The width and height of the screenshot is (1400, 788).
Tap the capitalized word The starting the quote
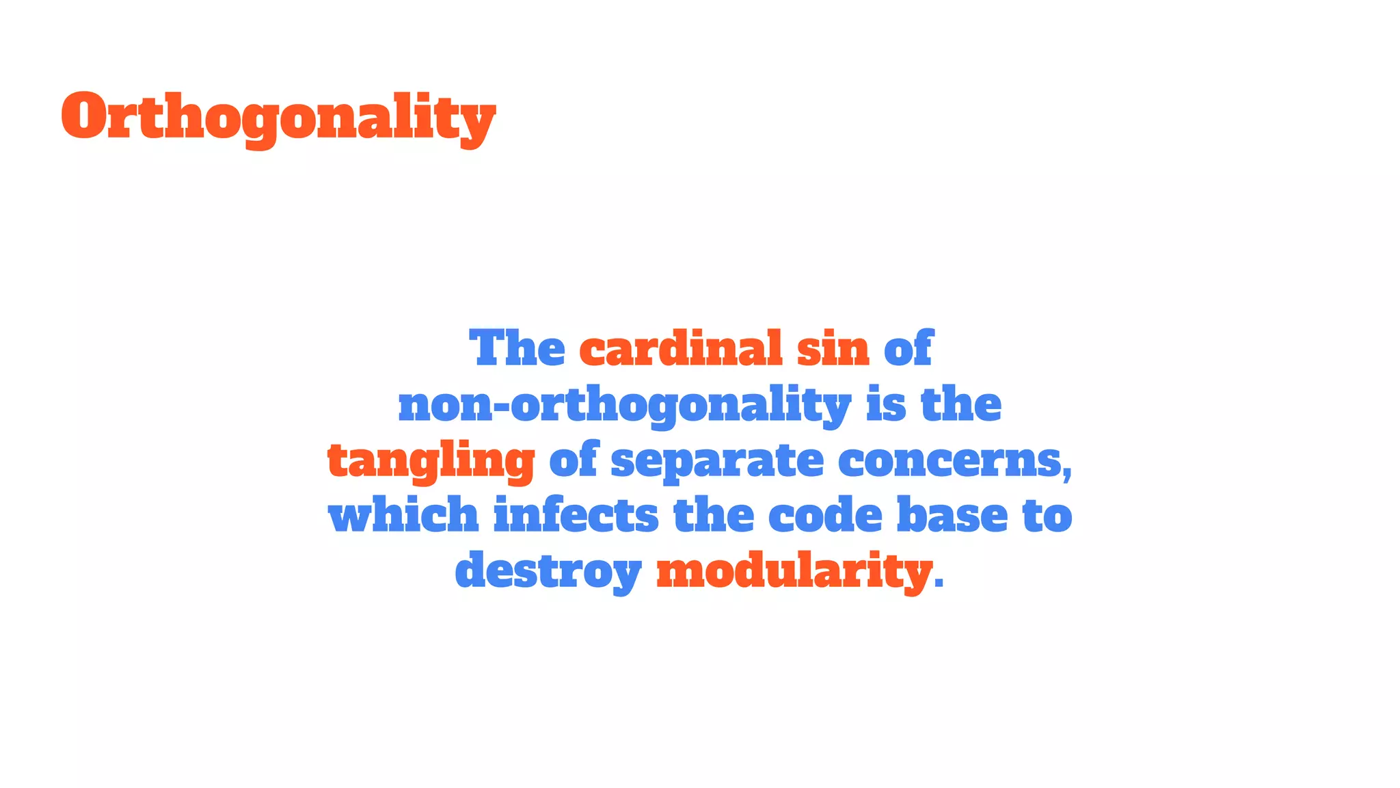pyautogui.click(x=517, y=348)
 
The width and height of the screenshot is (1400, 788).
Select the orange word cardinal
pyautogui.click(x=680, y=348)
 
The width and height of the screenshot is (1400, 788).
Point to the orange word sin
pyautogui.click(x=833, y=348)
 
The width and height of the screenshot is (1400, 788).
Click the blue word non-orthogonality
pyautogui.click(x=624, y=405)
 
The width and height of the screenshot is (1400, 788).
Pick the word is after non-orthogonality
pyautogui.click(x=886, y=404)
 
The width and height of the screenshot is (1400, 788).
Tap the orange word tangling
pyautogui.click(x=431, y=461)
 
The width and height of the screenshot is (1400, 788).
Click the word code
pyautogui.click(x=825, y=516)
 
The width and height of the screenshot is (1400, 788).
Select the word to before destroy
pyautogui.click(x=1047, y=516)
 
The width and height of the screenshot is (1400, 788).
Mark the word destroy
pyautogui.click(x=548, y=571)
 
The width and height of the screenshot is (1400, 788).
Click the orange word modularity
pyautogui.click(x=794, y=571)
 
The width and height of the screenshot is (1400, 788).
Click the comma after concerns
pyautogui.click(x=1067, y=472)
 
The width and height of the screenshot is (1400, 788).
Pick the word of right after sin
pyautogui.click(x=908, y=348)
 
